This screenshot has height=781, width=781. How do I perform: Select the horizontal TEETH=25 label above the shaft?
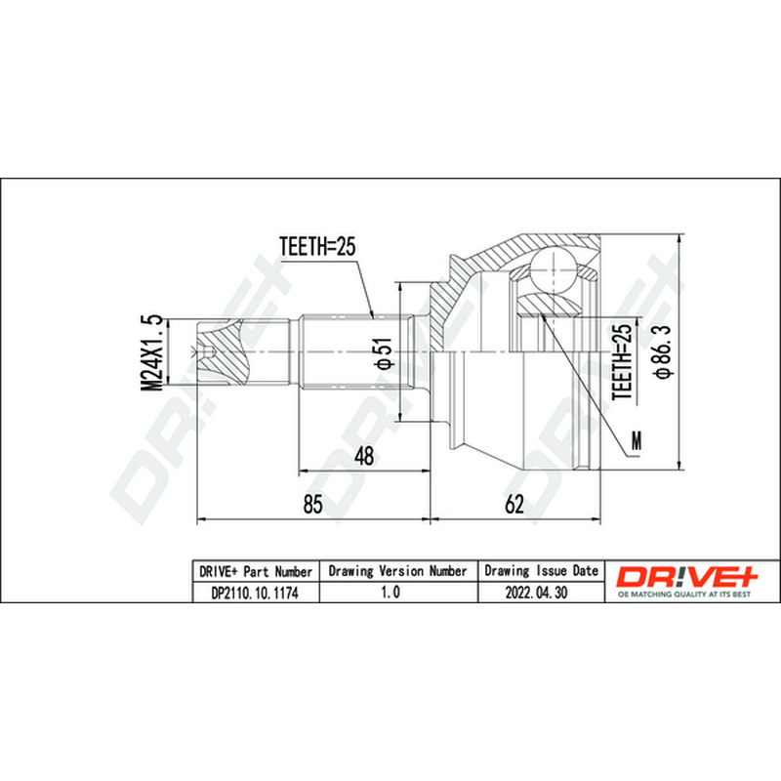[317, 246]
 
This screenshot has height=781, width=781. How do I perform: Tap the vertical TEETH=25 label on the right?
[623, 362]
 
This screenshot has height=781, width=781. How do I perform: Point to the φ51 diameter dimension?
[385, 353]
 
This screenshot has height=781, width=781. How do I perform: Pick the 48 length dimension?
[364, 456]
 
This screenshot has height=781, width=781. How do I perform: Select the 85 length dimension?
[312, 504]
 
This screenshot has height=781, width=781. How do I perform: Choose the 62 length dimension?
[514, 504]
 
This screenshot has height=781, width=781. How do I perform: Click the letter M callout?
[637, 440]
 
